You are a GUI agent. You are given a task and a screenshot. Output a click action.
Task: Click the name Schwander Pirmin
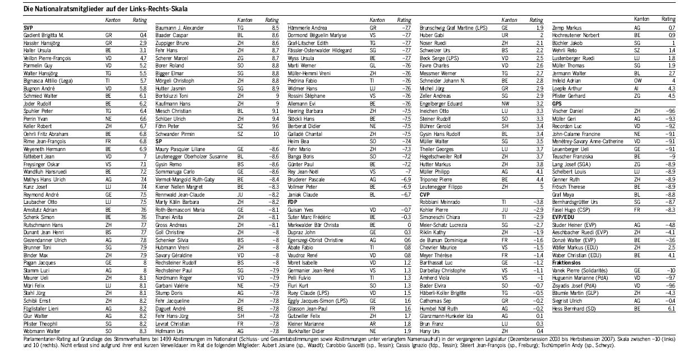click(x=173, y=135)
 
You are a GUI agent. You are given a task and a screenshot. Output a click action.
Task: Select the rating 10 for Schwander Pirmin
click(x=276, y=135)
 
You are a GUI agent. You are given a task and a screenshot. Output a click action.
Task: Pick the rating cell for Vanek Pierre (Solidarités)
click(x=671, y=270)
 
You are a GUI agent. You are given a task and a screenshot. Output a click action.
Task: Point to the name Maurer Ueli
click(x=36, y=277)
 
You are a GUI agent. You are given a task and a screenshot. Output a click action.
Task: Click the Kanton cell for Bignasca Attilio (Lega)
click(x=108, y=80)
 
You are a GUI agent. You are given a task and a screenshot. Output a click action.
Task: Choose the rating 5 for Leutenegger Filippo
click(x=541, y=186)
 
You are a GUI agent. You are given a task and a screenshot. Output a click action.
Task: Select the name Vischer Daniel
click(x=569, y=112)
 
